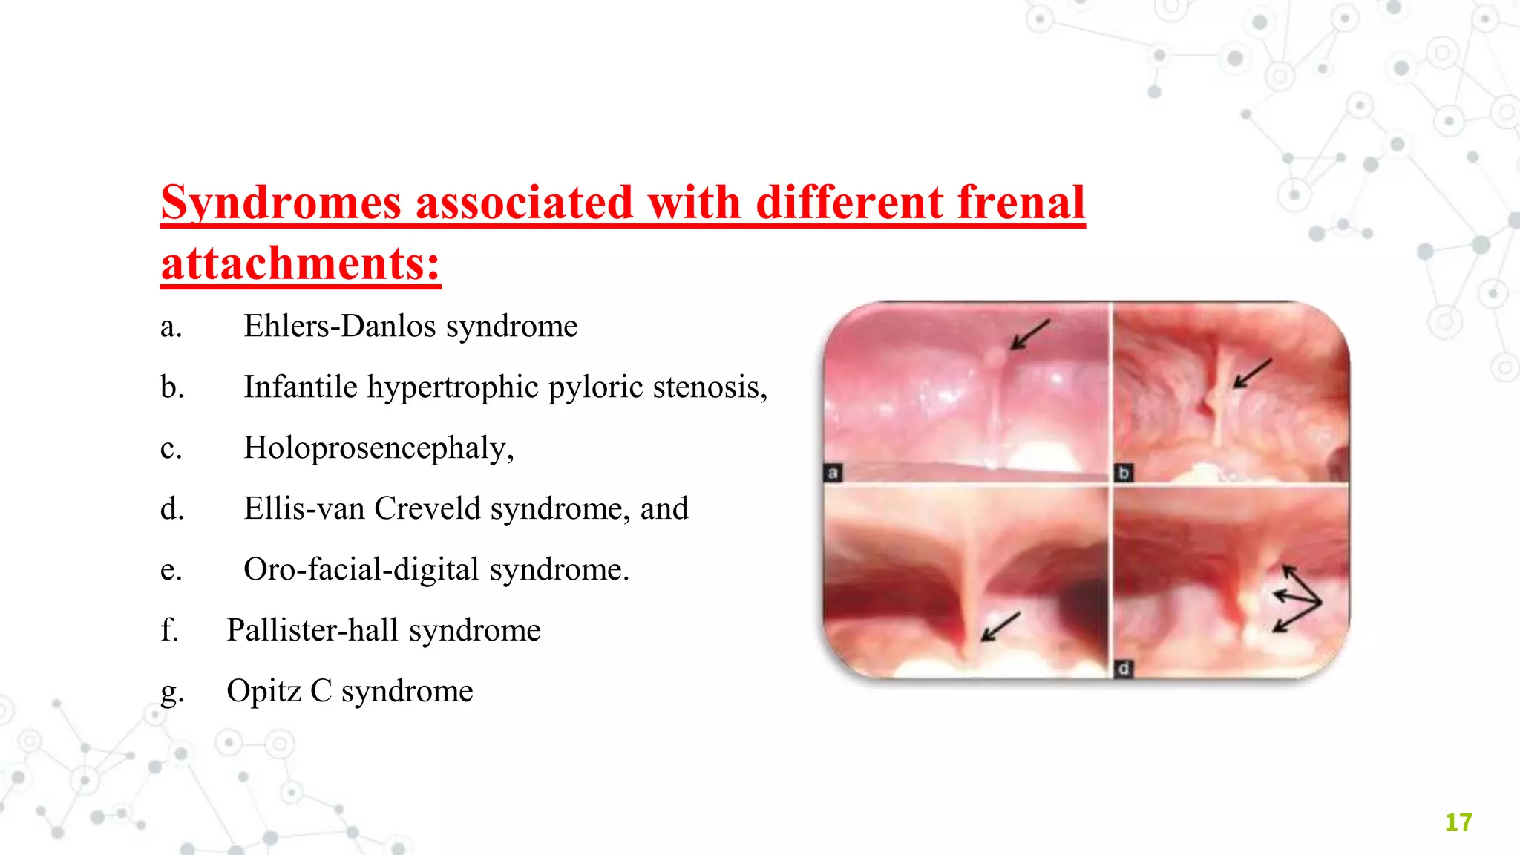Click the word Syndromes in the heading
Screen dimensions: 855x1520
[281, 203]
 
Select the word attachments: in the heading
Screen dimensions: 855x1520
[301, 264]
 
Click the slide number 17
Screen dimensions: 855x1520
[1458, 822]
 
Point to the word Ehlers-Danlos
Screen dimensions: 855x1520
[339, 327]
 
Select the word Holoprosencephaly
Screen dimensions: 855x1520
[378, 448]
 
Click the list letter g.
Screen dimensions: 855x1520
[171, 693]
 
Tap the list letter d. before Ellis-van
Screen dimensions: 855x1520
[171, 509]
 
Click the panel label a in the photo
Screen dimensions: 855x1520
[833, 473]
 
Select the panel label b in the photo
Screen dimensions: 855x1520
[1124, 473]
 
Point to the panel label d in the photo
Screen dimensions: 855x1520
[1124, 669]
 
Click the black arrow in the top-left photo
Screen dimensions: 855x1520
[1030, 334]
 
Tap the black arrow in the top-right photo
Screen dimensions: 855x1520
[1253, 373]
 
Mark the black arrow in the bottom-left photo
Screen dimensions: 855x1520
[1000, 626]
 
